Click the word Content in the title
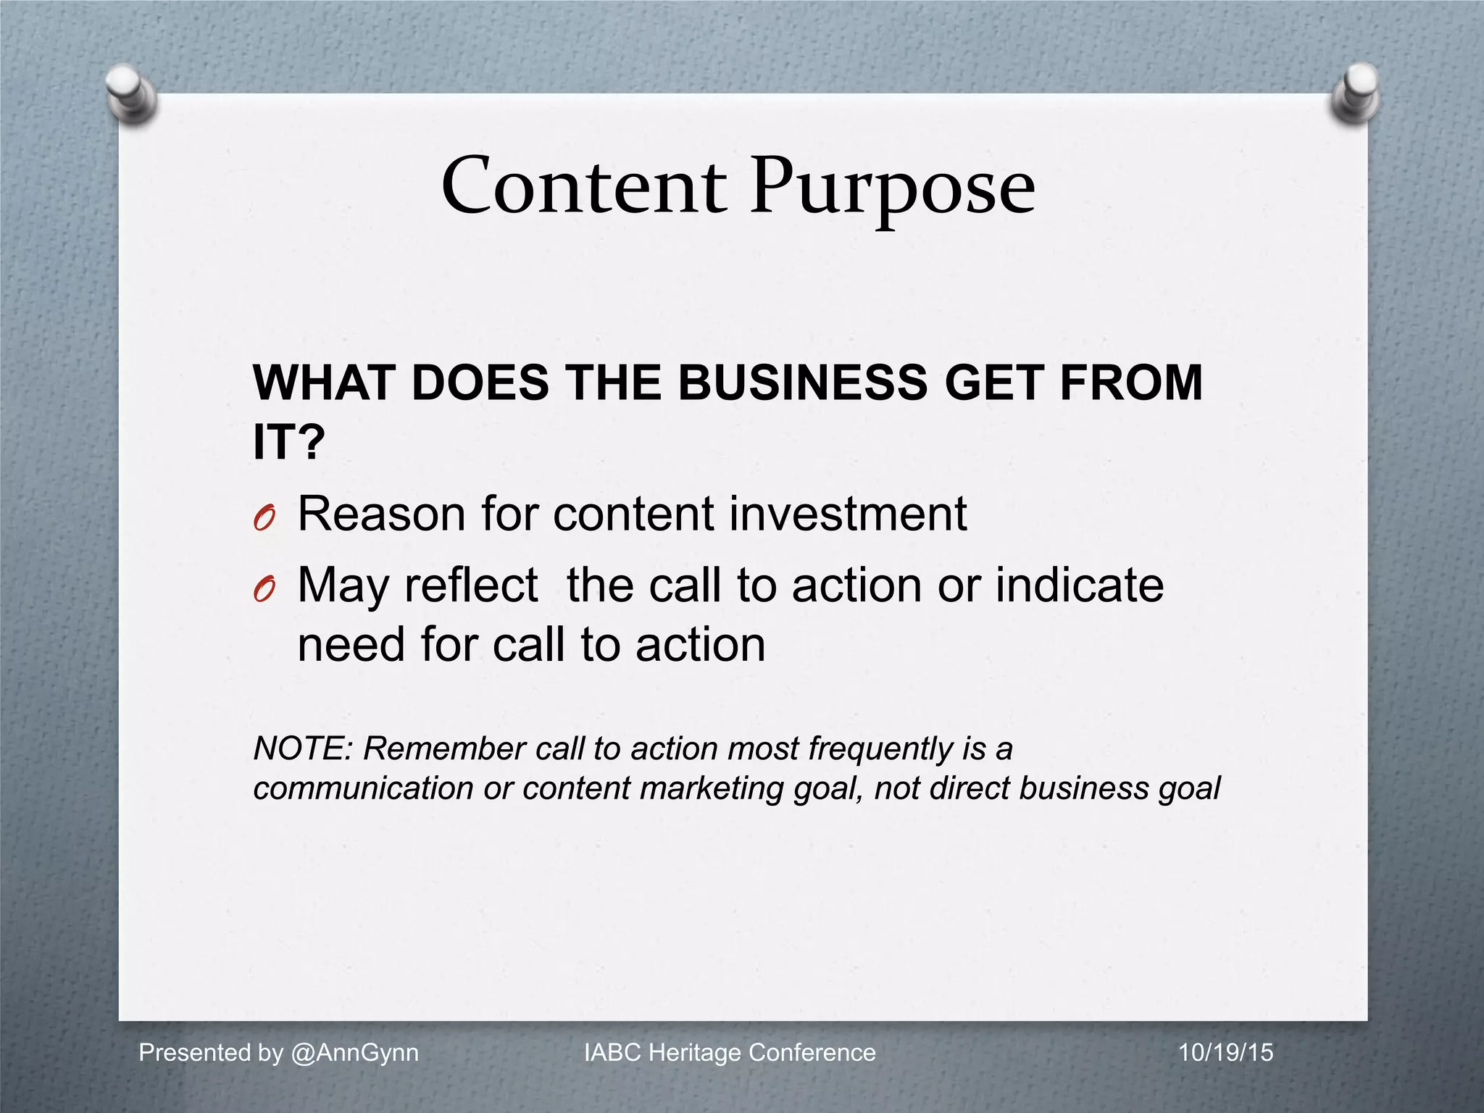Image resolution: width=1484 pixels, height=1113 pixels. point(583,187)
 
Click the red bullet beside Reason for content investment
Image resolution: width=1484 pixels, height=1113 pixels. point(264,517)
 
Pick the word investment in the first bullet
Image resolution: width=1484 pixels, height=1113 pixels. point(847,514)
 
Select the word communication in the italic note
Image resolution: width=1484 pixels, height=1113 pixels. point(363,788)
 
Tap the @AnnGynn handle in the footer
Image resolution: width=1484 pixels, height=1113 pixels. point(354,1052)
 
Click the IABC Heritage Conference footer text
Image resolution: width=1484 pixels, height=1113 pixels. point(730,1052)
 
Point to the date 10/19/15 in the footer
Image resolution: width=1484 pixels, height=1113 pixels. point(1225,1052)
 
